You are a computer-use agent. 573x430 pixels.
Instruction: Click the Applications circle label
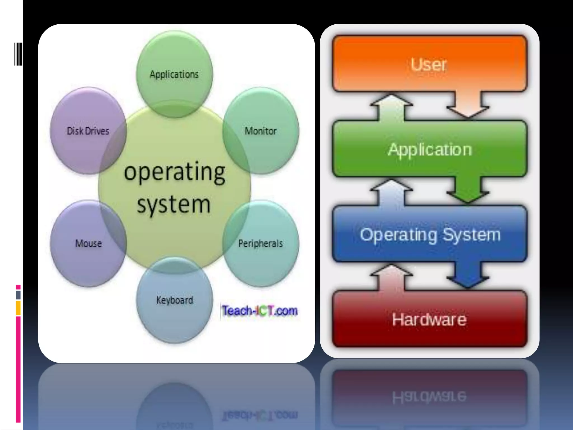pos(174,74)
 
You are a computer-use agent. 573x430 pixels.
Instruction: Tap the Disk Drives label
pos(88,131)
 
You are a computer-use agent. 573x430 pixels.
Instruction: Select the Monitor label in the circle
pos(260,131)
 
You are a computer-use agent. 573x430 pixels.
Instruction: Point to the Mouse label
pos(88,244)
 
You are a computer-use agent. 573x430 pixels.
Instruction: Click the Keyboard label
pos(175,300)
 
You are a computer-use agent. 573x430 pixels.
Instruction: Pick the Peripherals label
pos(260,244)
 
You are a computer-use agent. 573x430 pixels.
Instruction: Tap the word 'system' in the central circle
pos(174,204)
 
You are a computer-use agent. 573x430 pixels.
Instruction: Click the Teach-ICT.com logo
pos(260,311)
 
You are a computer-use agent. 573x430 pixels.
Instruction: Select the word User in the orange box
pos(429,65)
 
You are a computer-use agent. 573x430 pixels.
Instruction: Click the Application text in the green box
pos(430,149)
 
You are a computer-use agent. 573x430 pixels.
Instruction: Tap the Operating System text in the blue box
pos(430,235)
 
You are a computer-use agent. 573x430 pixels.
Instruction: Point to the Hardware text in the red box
pos(429,319)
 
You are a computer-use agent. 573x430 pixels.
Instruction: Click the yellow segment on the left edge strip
pos(18,308)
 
